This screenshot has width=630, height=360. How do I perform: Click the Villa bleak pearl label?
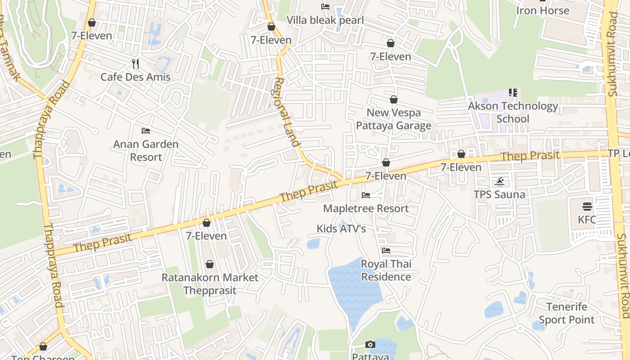click(325, 20)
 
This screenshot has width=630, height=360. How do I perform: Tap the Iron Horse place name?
click(543, 10)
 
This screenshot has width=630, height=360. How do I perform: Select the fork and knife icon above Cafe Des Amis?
click(135, 64)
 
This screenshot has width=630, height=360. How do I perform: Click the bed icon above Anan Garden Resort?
click(146, 131)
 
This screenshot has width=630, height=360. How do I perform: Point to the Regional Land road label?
click(287, 112)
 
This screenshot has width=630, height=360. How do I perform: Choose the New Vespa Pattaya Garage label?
click(394, 119)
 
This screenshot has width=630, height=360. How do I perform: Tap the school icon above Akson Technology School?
click(513, 93)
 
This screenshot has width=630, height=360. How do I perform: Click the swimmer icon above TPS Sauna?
click(499, 182)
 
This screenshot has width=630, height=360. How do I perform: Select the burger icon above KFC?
click(587, 207)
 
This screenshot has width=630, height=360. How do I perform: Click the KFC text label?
click(587, 220)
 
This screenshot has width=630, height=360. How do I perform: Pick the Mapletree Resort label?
click(366, 208)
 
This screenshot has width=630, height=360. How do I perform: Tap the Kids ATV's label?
click(341, 229)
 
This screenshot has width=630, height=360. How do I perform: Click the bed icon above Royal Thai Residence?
click(386, 251)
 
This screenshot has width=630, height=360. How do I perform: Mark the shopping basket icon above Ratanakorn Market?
click(210, 264)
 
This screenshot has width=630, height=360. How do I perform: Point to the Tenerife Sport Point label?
click(567, 313)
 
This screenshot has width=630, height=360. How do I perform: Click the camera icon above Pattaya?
click(370, 345)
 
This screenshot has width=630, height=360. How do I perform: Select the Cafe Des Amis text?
click(135, 77)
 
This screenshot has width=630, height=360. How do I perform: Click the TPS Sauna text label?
click(499, 194)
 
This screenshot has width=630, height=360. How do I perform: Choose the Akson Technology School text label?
click(513, 112)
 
